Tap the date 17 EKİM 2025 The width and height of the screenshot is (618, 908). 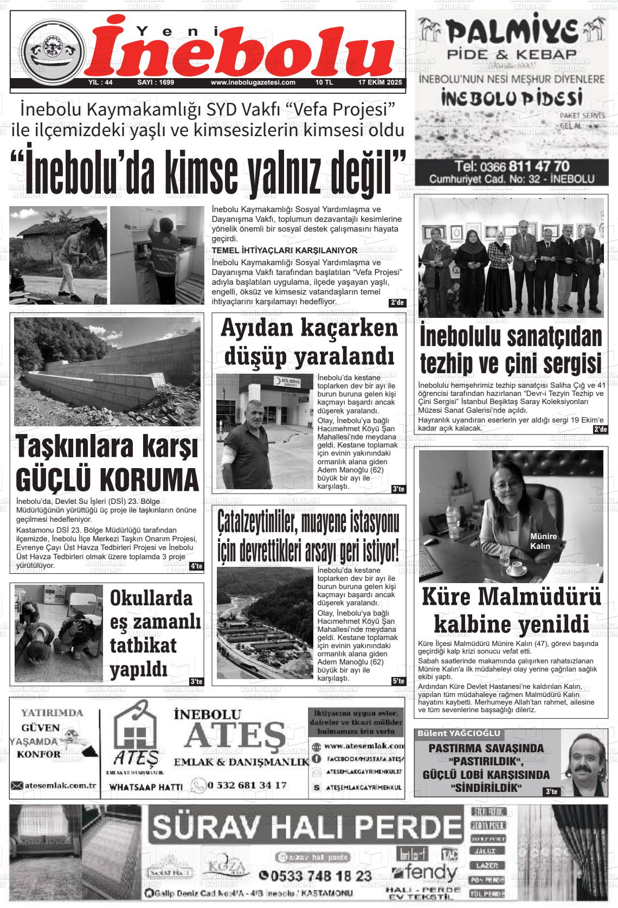379,83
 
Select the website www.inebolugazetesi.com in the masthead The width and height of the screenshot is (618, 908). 253,83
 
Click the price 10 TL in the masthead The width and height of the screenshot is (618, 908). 324,83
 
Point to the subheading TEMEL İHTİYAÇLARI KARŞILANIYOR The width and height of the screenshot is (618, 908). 285,250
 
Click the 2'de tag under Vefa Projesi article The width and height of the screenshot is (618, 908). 397,303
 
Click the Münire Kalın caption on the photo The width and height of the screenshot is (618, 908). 543,541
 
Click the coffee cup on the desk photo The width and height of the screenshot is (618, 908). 516,567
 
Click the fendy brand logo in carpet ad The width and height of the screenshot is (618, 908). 426,873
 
